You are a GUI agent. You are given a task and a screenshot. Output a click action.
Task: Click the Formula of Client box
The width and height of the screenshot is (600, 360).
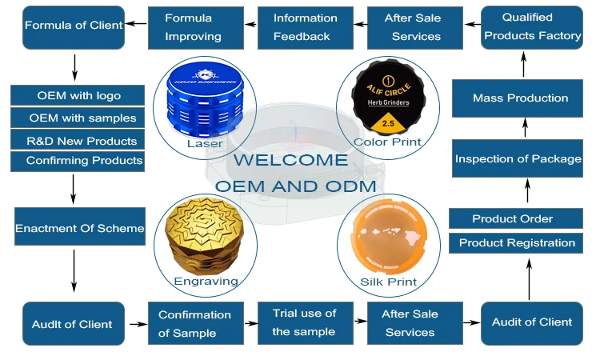[74, 25]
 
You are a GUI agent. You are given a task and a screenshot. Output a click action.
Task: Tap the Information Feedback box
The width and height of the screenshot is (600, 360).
[306, 26]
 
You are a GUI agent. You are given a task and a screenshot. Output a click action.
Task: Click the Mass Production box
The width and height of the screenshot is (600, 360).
[521, 98]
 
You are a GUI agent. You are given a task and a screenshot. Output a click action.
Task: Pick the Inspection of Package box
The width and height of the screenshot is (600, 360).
[518, 158]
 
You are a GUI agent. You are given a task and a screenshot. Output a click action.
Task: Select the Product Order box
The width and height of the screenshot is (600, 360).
[512, 218]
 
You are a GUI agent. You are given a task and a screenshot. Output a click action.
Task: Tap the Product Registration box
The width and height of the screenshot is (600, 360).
[517, 242]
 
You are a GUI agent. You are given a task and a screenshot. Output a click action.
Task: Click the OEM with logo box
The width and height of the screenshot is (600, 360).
[78, 96]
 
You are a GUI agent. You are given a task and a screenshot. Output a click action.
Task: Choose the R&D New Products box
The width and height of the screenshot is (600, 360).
[78, 141]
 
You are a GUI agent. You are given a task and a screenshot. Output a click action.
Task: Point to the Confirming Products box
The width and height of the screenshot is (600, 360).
[78, 161]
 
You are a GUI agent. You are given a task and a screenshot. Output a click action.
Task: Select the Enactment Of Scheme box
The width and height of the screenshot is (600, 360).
[79, 228]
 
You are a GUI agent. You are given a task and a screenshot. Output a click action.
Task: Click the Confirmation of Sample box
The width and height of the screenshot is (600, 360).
[194, 323]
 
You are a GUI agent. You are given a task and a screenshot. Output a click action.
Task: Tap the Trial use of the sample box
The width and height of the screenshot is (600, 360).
[304, 322]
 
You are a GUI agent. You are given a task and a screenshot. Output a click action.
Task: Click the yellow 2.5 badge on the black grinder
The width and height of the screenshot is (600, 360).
[387, 124]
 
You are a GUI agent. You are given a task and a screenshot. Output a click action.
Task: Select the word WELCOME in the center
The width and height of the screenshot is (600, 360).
[290, 160]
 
